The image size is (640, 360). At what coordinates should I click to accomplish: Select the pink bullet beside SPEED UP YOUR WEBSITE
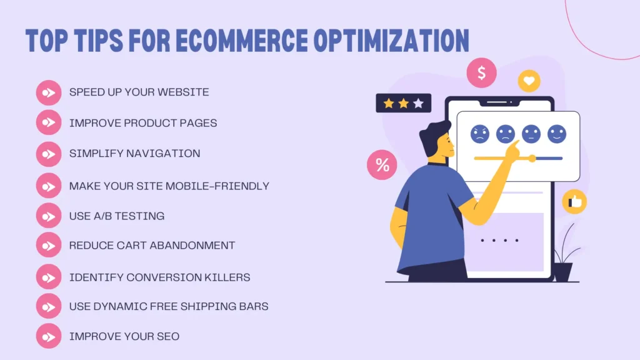[48, 92]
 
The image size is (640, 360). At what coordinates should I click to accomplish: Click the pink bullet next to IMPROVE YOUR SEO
[48, 336]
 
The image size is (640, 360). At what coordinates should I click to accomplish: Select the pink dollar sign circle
[481, 73]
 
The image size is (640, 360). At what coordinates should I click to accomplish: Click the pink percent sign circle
[382, 165]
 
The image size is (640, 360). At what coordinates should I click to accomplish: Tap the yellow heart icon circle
[529, 81]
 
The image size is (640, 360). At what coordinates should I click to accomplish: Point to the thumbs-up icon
[574, 202]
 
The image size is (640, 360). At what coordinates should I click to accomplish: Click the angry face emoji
[479, 134]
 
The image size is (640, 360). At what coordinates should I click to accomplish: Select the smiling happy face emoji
[556, 134]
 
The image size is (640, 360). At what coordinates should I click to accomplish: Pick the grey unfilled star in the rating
[418, 103]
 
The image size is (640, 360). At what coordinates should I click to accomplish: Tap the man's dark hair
[433, 138]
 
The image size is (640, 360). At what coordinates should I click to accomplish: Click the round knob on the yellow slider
[532, 159]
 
